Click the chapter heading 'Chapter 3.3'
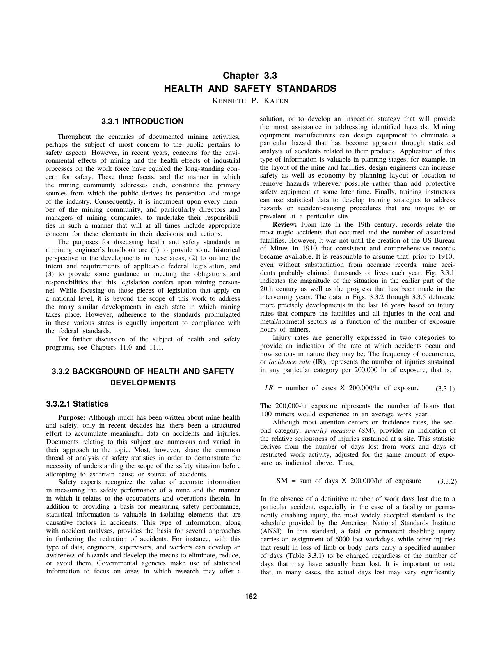pos(250,75)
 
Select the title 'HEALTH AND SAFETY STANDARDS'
pos(250,89)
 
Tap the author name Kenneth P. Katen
pos(250,101)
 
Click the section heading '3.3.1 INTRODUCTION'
pos(142,121)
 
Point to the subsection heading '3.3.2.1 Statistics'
pos(77,404)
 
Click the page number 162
pos(251,597)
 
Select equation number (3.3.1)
pos(445,389)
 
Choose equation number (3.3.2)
pos(447,481)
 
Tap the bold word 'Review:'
pos(285,224)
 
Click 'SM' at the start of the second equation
pos(281,481)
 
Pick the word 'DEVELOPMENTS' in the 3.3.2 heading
pos(143,383)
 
